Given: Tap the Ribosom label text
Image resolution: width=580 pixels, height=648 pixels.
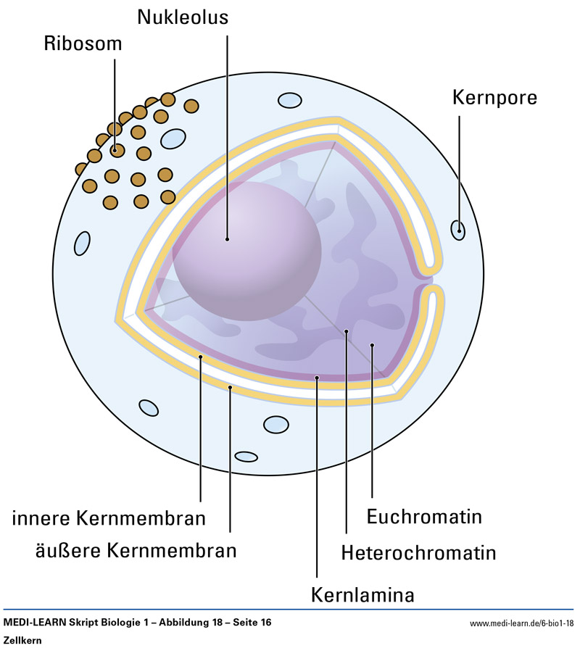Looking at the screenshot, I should pos(83,43).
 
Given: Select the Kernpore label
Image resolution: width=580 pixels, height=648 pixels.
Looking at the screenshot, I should pos(494,96).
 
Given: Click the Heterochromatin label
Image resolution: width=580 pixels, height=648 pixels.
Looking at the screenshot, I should pos(418,552).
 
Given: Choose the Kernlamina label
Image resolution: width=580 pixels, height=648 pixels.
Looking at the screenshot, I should pos(362,595).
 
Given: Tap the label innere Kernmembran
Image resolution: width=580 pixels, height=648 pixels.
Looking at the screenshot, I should pos(109,518).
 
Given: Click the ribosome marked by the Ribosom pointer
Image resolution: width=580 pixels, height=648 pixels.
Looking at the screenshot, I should pos(116,151).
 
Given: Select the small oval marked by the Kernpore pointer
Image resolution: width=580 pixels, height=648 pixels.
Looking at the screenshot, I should pos(458,230).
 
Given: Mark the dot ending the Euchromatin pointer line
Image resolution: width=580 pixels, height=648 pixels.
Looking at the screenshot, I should pos(372,345).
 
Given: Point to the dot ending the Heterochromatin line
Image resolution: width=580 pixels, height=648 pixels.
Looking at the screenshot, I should pos(347,332).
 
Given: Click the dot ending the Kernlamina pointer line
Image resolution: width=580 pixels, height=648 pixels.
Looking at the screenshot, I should pos(317,378).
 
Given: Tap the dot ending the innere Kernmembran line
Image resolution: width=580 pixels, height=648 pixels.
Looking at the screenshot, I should pos(201,357).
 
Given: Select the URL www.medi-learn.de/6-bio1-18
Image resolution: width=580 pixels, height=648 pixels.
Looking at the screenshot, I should pos(522,623).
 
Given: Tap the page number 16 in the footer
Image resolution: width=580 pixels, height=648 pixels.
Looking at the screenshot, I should pos(265,623).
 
